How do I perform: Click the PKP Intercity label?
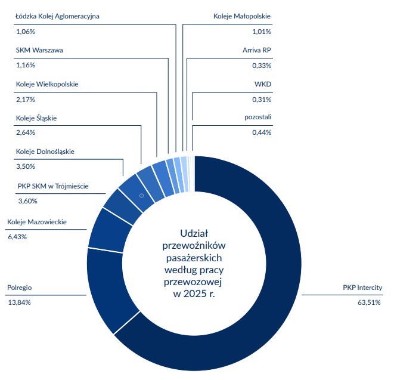[362, 288]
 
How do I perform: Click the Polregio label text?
[19, 288]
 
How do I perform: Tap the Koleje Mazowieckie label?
[37, 223]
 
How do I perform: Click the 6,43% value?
[17, 237]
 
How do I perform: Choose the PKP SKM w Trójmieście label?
[53, 186]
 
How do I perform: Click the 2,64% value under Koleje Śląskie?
[26, 132]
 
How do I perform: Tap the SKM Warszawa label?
[39, 50]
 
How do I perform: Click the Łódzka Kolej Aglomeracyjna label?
[57, 16]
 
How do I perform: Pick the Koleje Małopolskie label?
[242, 16]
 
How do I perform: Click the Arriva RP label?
[256, 50]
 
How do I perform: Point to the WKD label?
[263, 84]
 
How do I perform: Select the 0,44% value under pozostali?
[262, 132]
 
